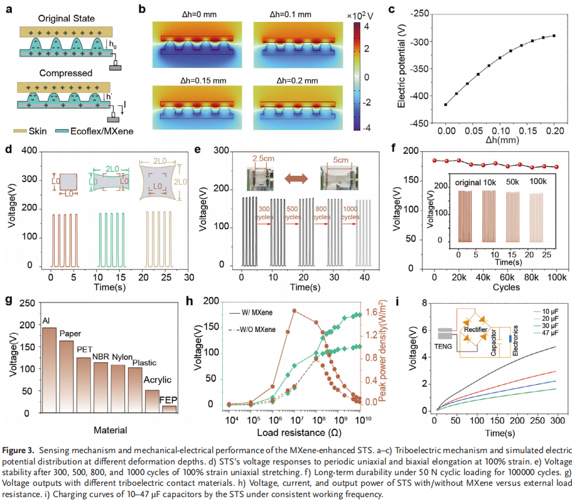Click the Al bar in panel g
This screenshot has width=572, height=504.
[49, 370]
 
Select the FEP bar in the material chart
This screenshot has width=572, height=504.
[168, 409]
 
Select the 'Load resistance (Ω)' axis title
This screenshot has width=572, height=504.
[294, 432]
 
